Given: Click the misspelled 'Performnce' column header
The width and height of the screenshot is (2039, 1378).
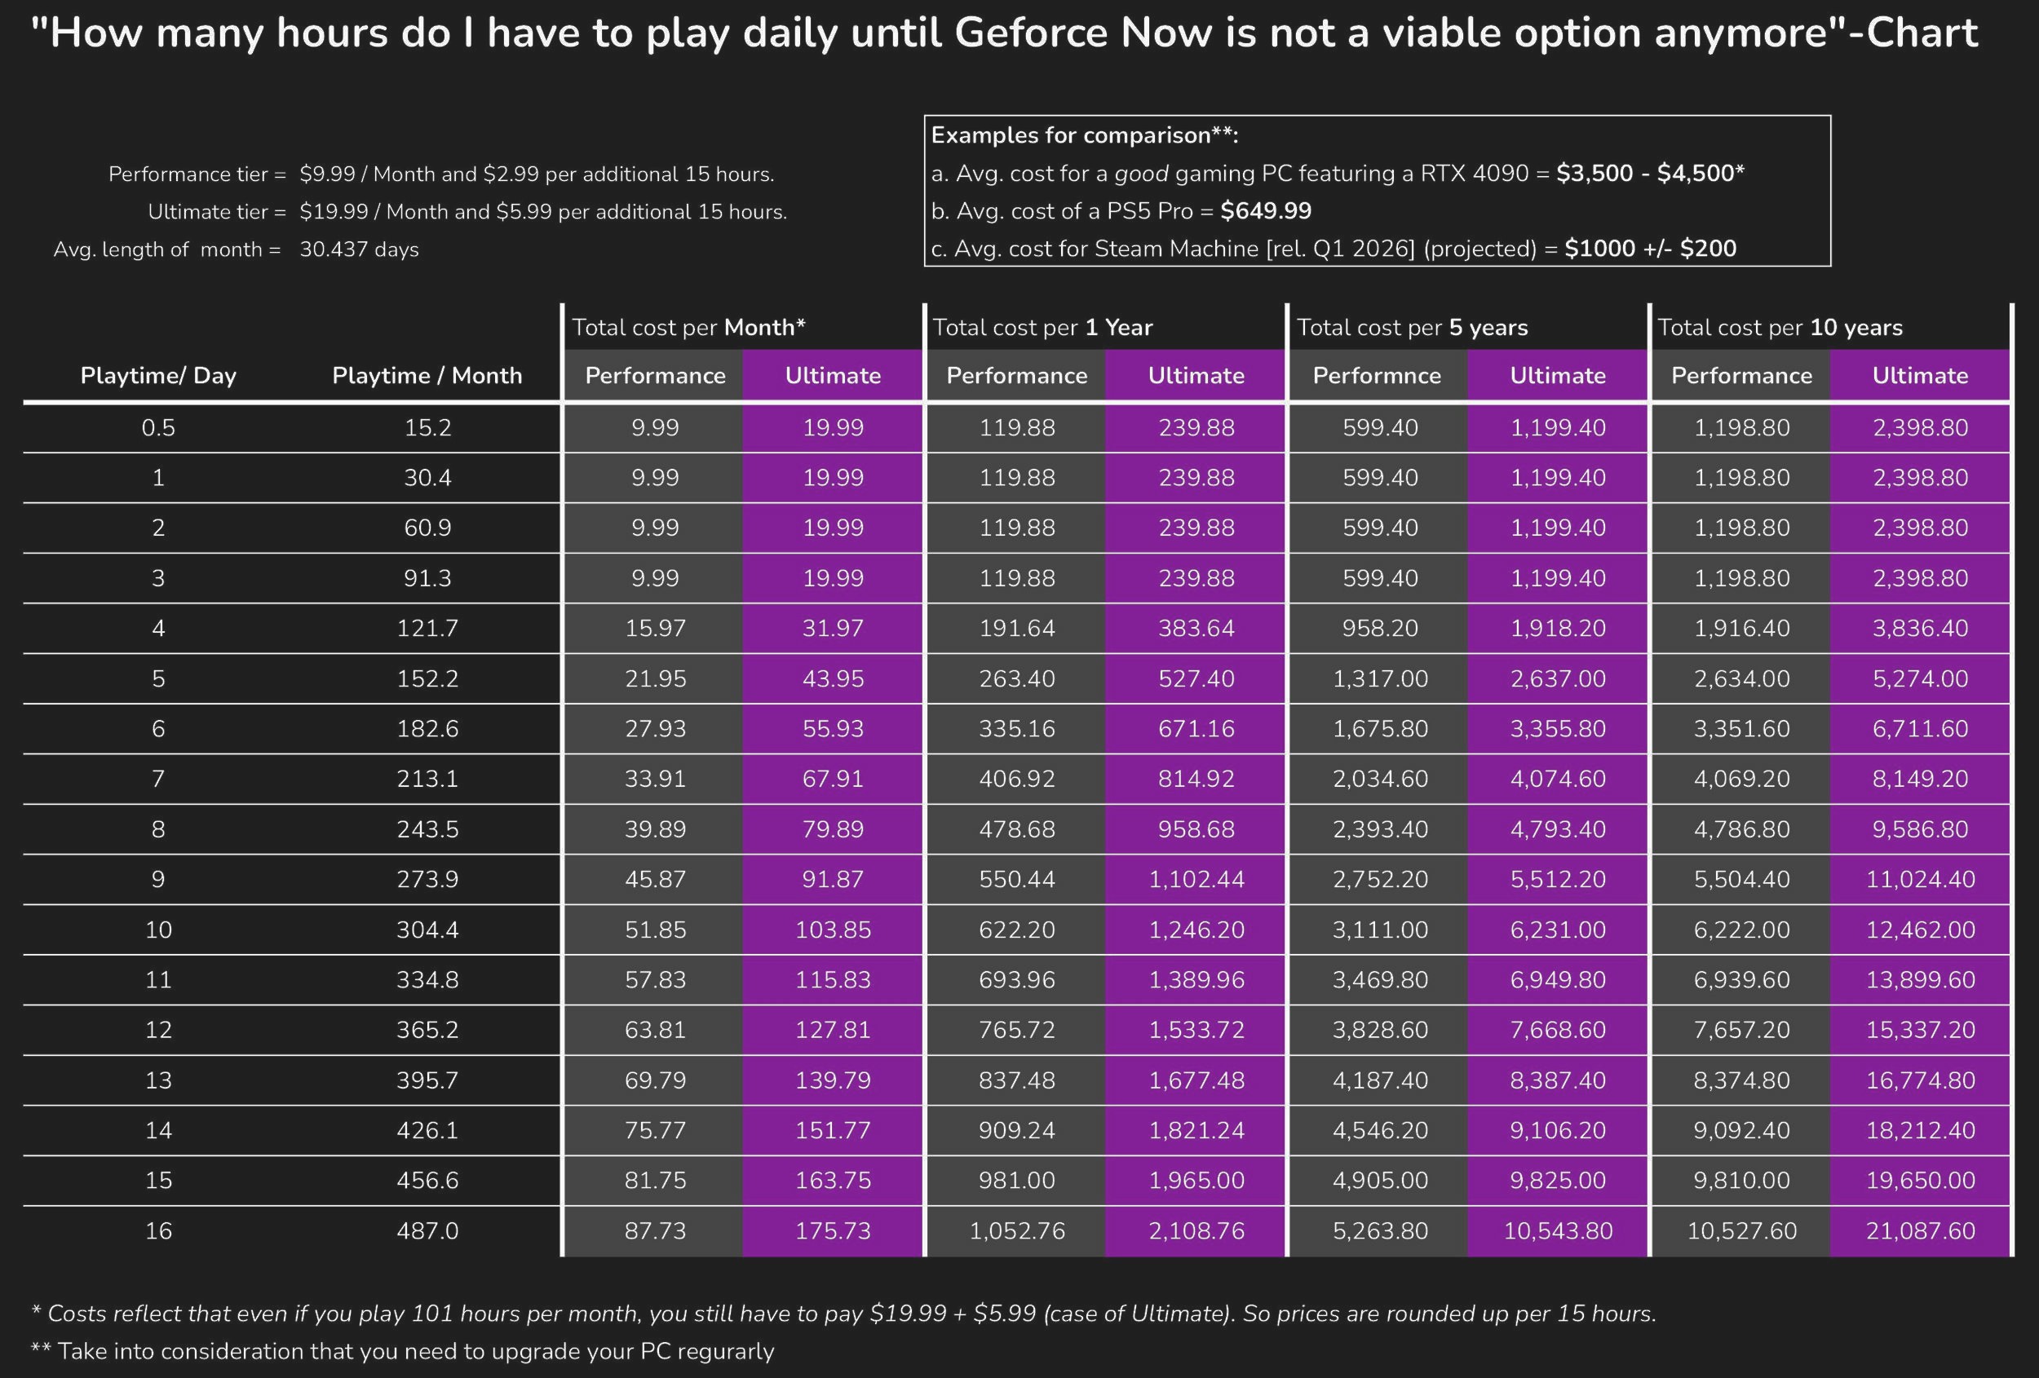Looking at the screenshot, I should (1377, 375).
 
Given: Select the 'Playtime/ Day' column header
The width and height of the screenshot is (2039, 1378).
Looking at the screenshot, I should (158, 375).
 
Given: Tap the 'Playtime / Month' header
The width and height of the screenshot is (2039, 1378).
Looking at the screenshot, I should (427, 375).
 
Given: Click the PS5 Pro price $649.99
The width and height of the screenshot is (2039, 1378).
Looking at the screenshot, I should (1265, 210).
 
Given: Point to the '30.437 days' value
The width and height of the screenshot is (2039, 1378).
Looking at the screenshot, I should (359, 250).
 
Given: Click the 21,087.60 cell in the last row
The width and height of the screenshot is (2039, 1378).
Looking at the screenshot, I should (1920, 1230).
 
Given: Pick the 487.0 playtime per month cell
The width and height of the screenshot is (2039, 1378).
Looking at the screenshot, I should (427, 1230).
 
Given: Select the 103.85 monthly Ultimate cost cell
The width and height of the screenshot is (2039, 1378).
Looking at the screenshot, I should (833, 930).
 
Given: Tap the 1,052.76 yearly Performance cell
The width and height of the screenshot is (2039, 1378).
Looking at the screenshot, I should (1017, 1230).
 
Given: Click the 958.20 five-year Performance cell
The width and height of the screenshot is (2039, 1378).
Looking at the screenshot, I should (1380, 628).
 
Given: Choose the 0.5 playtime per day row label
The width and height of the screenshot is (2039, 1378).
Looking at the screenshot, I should (158, 427).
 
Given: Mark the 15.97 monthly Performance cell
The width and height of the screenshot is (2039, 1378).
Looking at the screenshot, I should (656, 628).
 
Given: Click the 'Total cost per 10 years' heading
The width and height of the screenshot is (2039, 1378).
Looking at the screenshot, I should (1780, 327).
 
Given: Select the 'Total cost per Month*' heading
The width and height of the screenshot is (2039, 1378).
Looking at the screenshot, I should (688, 327).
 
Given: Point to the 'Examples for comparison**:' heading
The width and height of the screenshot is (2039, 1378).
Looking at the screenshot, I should (1085, 135).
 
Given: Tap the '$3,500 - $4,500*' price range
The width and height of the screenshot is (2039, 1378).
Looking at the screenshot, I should (1649, 173).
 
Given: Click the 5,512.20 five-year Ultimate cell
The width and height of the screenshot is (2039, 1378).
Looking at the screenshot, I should (1557, 879).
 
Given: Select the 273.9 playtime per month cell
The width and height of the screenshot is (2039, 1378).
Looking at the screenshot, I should (427, 879).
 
